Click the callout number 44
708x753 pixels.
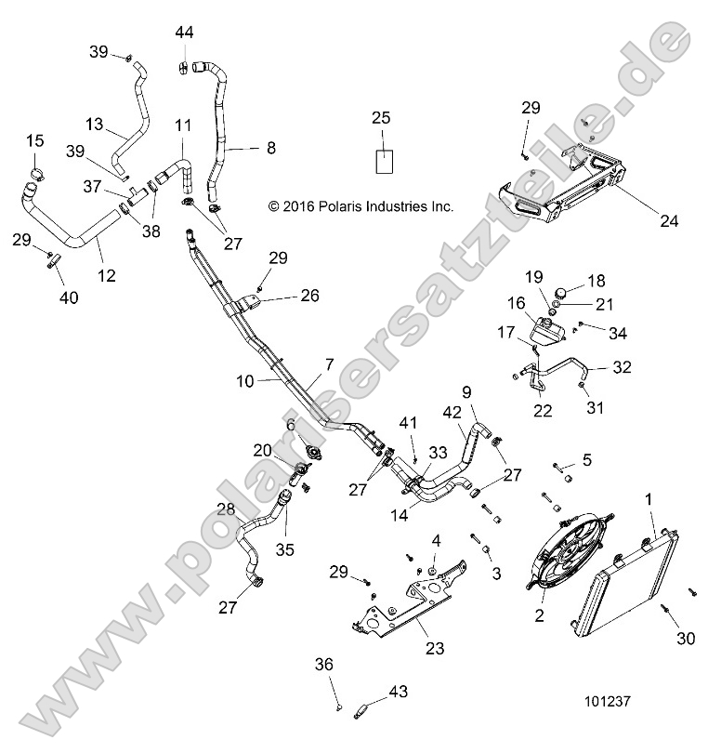(184, 33)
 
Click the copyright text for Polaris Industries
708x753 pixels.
(361, 206)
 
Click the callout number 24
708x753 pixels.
(668, 221)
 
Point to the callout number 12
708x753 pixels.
(107, 275)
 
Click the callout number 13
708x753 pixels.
(95, 123)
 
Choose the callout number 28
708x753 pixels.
(226, 509)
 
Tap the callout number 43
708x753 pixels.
(398, 692)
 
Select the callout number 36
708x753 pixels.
(322, 664)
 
